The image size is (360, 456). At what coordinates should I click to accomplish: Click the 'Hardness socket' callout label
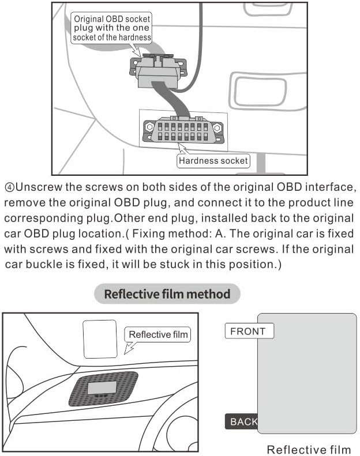pos(213,161)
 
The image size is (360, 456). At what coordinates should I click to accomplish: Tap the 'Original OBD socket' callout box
pos(112,28)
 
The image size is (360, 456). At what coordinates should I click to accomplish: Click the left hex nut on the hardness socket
pos(149,127)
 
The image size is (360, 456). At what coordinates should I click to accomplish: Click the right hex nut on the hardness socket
pos(217,127)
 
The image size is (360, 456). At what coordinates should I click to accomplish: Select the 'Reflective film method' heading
pos(167,294)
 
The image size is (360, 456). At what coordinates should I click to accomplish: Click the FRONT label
pos(249,331)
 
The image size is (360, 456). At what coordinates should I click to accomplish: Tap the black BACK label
pos(242,421)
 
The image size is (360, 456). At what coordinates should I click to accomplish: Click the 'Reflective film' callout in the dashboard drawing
pos(157,334)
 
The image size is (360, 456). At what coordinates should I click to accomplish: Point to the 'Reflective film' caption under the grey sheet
pos(309,449)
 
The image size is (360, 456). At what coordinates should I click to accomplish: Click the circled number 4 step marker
pos(9,187)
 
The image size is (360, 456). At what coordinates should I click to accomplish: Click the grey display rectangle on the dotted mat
pos(102,388)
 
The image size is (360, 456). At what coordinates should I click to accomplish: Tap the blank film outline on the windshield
pos(100,339)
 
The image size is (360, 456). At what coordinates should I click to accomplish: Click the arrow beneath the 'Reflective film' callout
pos(130,348)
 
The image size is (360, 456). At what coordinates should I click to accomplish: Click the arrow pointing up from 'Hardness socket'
pos(183,148)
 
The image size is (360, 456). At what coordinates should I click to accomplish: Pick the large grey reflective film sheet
pos(307,374)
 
